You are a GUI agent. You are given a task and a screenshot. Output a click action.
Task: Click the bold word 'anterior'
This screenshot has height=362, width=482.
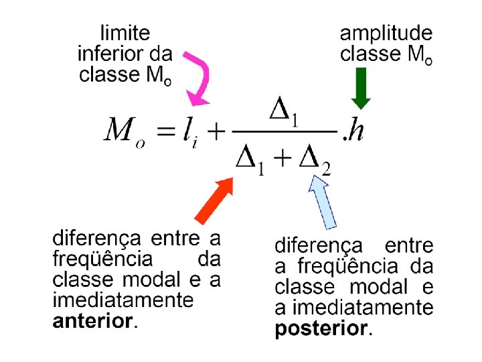92,320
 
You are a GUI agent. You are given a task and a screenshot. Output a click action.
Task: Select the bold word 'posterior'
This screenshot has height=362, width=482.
321,328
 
